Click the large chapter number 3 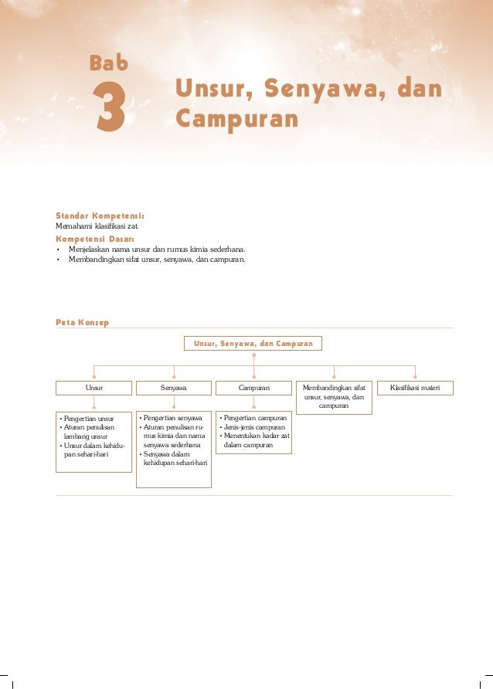pyautogui.click(x=109, y=108)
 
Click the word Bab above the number pyautogui.click(x=109, y=63)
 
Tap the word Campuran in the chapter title pyautogui.click(x=236, y=119)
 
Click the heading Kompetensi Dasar pyautogui.click(x=94, y=239)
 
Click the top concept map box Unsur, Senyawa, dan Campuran pyautogui.click(x=253, y=343)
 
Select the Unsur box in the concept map pyautogui.click(x=94, y=387)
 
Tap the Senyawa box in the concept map pyautogui.click(x=174, y=387)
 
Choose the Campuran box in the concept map pyautogui.click(x=253, y=387)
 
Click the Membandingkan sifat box pyautogui.click(x=334, y=395)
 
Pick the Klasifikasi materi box pyautogui.click(x=415, y=387)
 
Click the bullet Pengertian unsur pyautogui.click(x=88, y=418)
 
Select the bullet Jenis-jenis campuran pyautogui.click(x=253, y=427)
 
